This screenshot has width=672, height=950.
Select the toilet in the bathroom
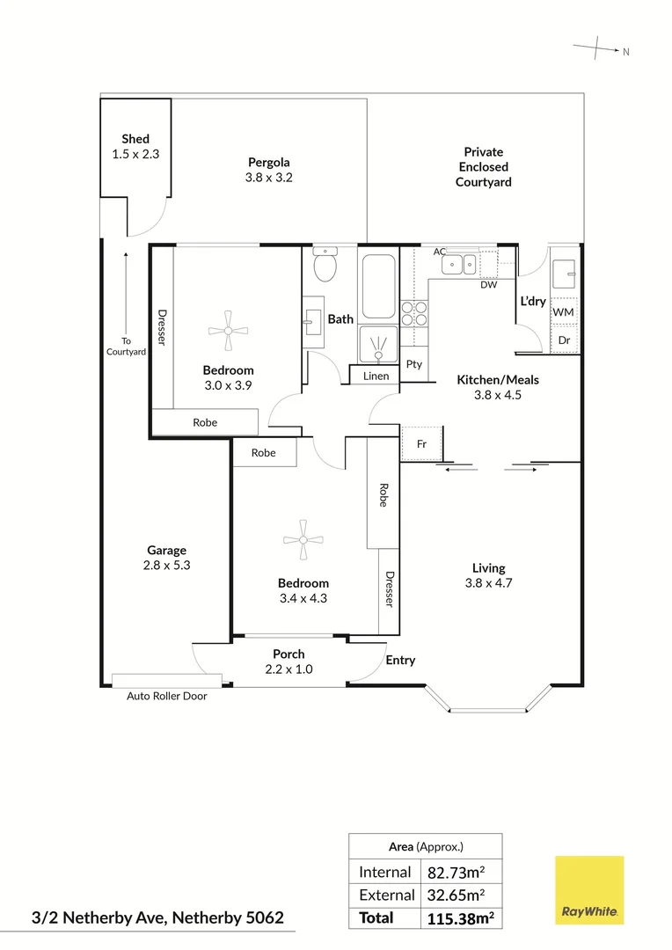click(x=325, y=263)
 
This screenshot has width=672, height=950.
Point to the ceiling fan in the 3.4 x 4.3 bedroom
click(x=303, y=539)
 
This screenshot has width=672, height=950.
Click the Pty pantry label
click(x=414, y=364)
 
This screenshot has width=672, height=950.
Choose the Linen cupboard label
click(x=376, y=376)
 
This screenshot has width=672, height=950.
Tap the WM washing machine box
click(x=564, y=312)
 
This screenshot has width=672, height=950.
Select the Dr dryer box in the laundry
click(x=564, y=340)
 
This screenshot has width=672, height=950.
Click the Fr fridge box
click(x=421, y=444)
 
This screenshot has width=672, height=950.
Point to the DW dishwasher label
click(x=488, y=285)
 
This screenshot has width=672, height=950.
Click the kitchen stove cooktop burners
click(x=414, y=314)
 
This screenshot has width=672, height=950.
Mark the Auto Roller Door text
click(x=167, y=695)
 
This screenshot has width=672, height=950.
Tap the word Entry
click(x=400, y=660)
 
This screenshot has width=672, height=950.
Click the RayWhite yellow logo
click(x=589, y=889)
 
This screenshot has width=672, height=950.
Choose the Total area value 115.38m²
click(x=458, y=917)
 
